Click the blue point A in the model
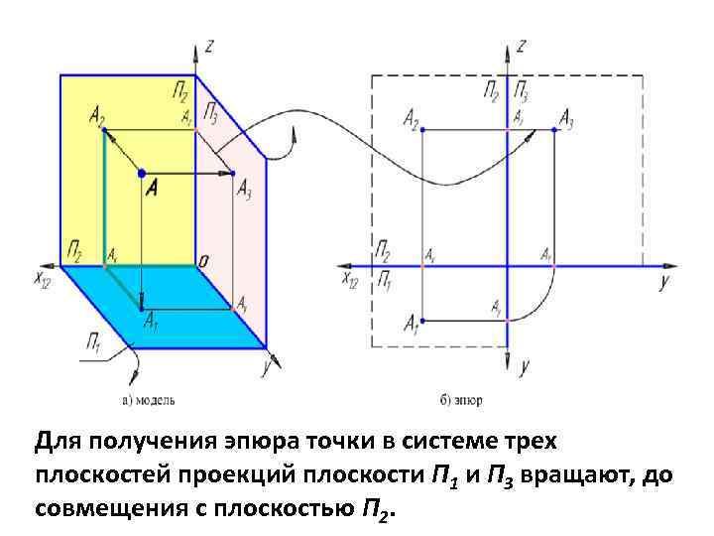pyautogui.click(x=141, y=173)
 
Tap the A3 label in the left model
pyautogui.click(x=243, y=189)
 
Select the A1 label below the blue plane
pyautogui.click(x=150, y=321)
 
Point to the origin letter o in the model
pyautogui.click(x=202, y=261)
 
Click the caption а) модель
pyautogui.click(x=148, y=400)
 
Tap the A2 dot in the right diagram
pyautogui.click(x=423, y=130)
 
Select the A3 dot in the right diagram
pyautogui.click(x=552, y=130)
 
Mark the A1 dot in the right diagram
pyautogui.click(x=423, y=321)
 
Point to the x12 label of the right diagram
pyautogui.click(x=350, y=281)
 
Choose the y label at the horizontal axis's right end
pyautogui.click(x=662, y=282)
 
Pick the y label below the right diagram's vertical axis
pyautogui.click(x=524, y=366)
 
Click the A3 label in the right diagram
pyautogui.click(x=567, y=120)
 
